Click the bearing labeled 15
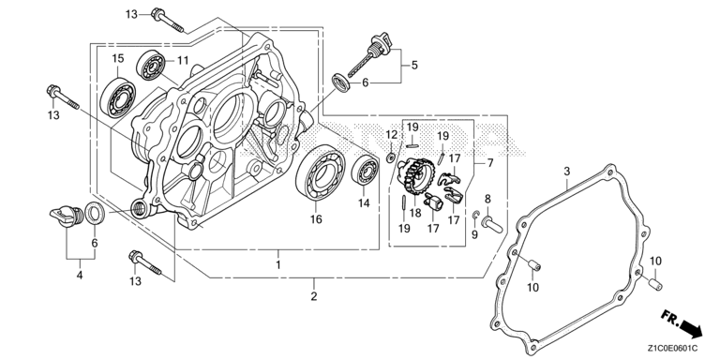pos(117,98)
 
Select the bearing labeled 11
pos(150,67)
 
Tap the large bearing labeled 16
pos(321,172)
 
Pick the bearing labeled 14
pos(366,172)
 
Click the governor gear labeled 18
pos(416,176)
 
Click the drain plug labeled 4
pos(66,216)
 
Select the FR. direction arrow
pos(682,323)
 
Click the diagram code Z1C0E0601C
pos(673,348)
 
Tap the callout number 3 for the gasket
pos(567,172)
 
